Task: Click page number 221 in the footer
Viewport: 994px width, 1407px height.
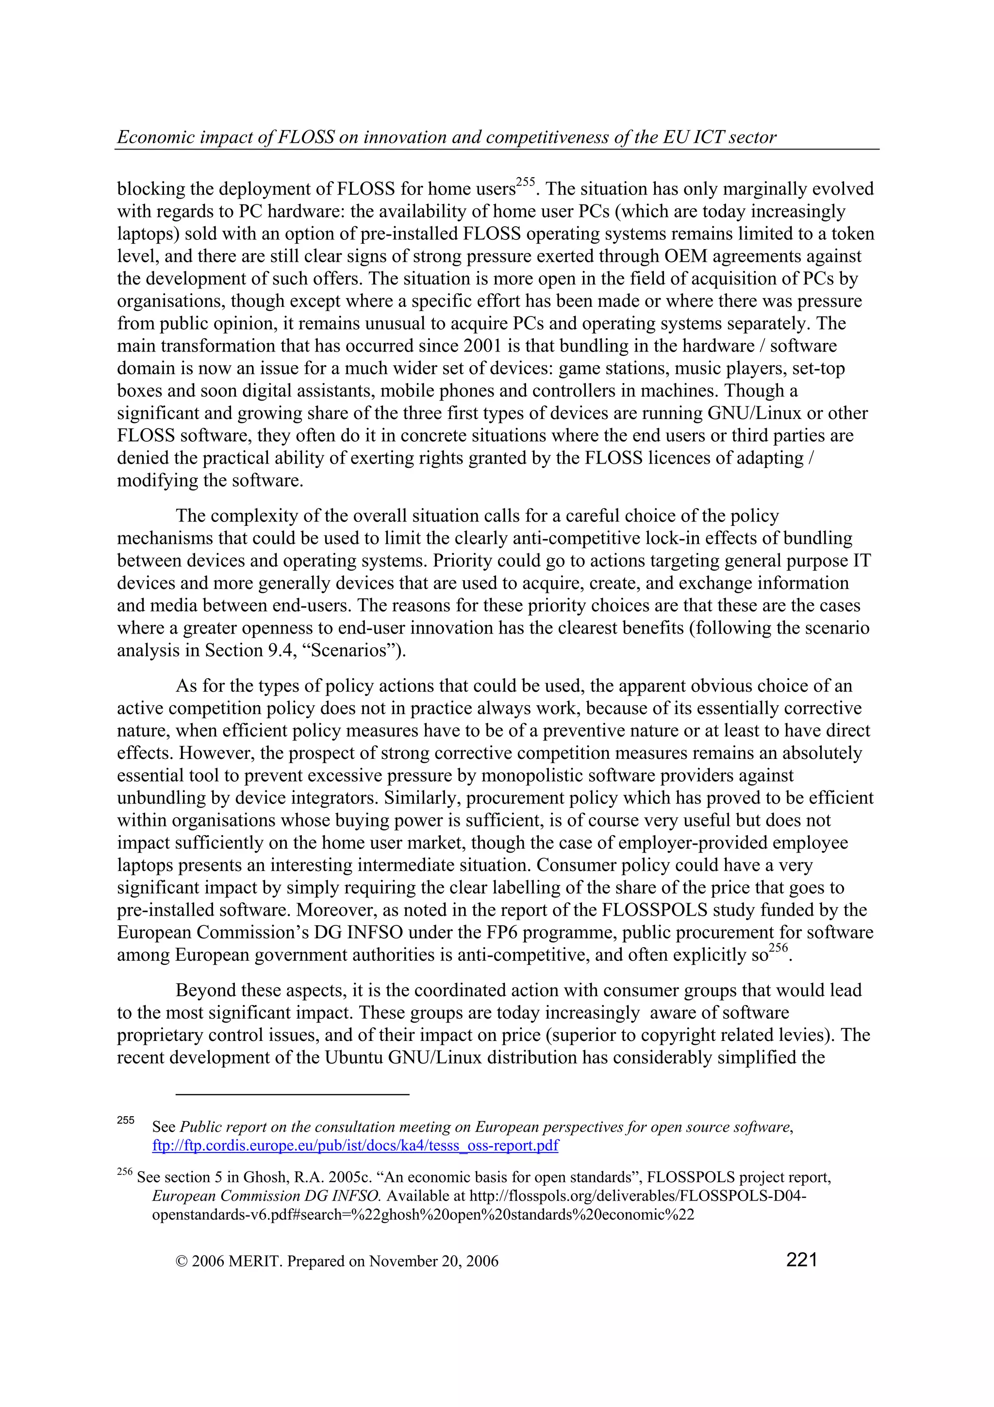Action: (801, 1260)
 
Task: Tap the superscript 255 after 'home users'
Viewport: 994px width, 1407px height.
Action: (526, 182)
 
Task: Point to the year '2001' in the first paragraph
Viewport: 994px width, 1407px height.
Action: (482, 346)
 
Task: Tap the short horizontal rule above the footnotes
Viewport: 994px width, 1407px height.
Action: (292, 1094)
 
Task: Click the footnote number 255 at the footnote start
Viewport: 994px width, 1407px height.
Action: (126, 1120)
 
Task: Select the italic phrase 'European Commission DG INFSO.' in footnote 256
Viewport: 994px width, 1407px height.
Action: (267, 1196)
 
